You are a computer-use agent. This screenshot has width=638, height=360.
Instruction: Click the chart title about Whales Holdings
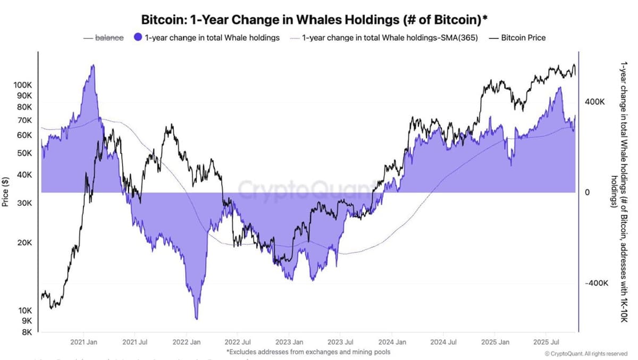(314, 19)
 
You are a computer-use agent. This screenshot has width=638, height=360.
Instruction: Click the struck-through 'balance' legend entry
(109, 38)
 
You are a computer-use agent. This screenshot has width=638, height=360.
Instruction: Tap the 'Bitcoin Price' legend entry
(523, 38)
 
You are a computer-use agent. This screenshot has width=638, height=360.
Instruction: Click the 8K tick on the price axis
(27, 332)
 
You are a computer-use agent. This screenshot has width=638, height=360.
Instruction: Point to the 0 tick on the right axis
(587, 192)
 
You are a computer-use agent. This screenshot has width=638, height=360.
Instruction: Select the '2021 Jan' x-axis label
(83, 342)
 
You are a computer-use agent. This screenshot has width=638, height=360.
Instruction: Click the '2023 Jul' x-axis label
(340, 342)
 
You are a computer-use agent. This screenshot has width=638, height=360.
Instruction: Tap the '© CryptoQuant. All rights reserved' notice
(586, 354)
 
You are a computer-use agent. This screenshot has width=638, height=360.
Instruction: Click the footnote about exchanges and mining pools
(308, 351)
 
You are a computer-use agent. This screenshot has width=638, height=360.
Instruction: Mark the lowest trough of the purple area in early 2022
(197, 319)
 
